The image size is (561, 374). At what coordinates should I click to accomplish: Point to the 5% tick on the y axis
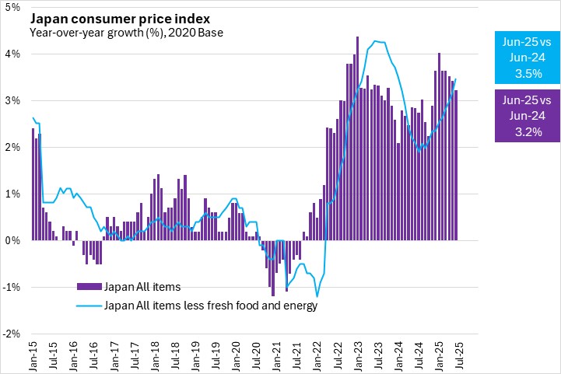tap(14, 8)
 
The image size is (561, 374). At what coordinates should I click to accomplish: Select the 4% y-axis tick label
tap(14, 54)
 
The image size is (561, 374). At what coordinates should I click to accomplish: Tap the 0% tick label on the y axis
tap(14, 241)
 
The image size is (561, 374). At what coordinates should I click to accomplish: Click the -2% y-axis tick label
tap(12, 334)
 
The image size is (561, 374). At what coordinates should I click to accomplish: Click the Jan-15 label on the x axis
tap(33, 355)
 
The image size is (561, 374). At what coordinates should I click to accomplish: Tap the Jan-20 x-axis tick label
tap(237, 355)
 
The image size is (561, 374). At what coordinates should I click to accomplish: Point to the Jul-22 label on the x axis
tap(338, 355)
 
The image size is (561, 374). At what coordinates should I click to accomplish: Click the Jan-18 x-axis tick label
tap(156, 355)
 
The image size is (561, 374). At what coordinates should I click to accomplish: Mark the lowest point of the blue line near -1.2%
tap(317, 296)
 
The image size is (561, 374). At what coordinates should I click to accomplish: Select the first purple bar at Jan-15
tap(33, 184)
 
